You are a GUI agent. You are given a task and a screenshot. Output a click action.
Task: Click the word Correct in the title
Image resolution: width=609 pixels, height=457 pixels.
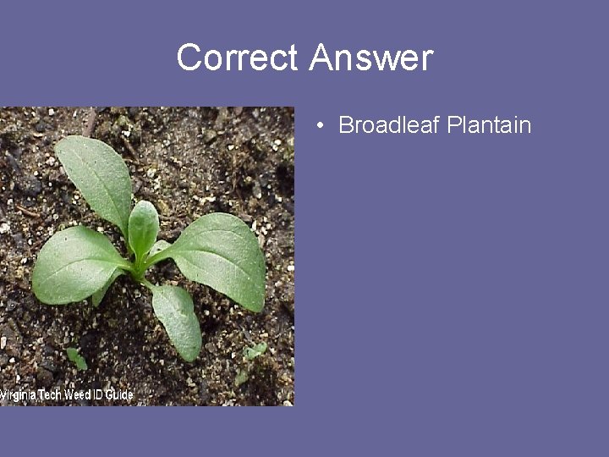(238, 58)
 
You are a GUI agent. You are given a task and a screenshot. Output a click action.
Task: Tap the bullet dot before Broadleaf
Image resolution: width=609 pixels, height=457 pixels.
(321, 127)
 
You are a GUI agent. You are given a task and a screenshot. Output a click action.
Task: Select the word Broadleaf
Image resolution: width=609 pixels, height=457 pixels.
(388, 125)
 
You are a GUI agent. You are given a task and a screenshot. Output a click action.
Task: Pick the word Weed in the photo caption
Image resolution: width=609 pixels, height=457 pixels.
(79, 396)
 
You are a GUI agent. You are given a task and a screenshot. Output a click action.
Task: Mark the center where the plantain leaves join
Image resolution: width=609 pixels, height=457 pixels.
(142, 269)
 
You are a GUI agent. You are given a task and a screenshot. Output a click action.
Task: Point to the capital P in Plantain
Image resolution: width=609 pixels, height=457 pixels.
(453, 125)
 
